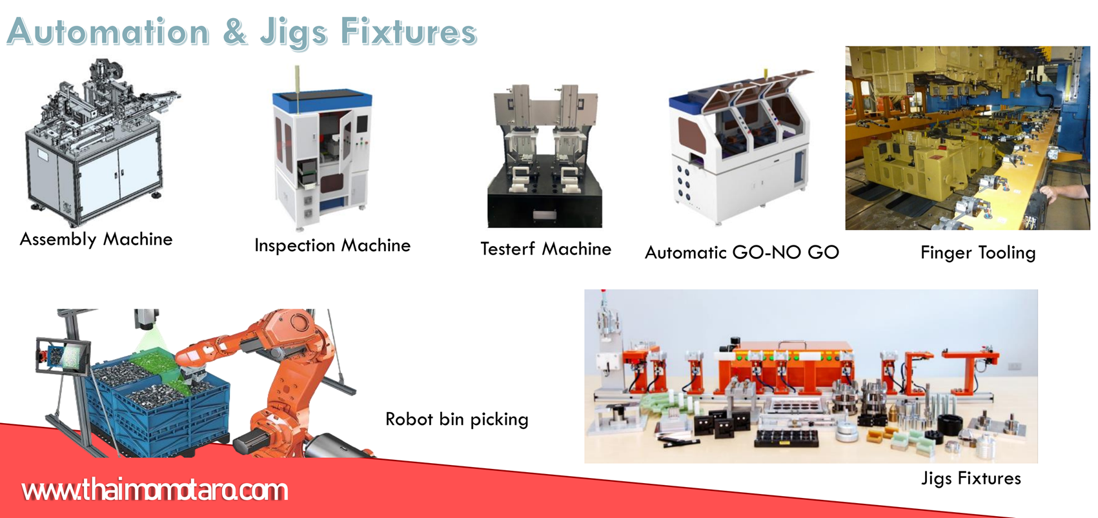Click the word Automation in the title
pos(108,32)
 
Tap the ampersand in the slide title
pos(235,31)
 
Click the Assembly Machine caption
pos(96,240)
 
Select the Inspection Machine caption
pos(332,245)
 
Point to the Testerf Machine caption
pos(545,249)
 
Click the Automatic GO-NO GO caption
pos(742,252)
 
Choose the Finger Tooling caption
pos(978,253)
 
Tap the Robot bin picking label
pos(457,419)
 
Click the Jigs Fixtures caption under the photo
pos(971,478)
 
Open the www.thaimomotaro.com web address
pos(155,490)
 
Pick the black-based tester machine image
pos(545,156)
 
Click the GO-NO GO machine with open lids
pos(740,147)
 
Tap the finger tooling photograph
pos(968,138)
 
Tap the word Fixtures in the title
pos(409,32)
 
